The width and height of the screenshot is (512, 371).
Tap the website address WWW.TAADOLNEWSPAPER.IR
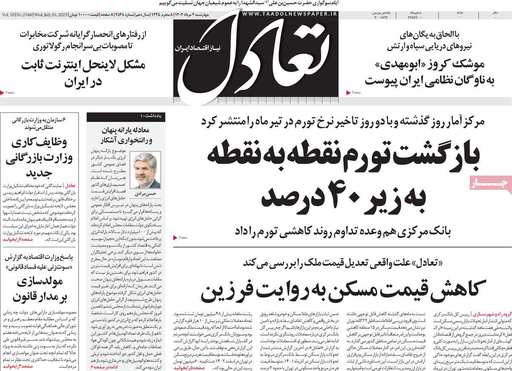tap(290, 15)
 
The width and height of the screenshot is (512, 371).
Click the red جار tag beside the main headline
tap(491, 184)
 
